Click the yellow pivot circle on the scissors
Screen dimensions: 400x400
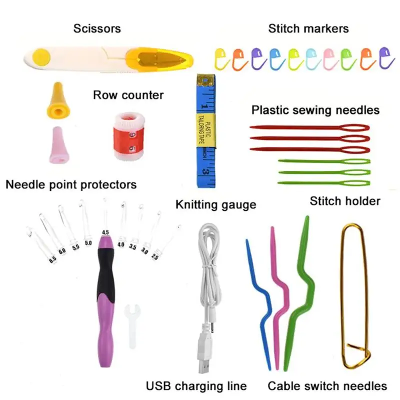coord(41,57)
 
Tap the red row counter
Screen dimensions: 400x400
coord(129,136)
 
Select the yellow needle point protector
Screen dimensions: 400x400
coord(58,100)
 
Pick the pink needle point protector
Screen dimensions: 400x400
coord(59,145)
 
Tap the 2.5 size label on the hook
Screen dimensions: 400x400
coord(154,256)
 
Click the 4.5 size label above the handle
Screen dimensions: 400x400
coord(105,232)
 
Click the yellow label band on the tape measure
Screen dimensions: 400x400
coord(205,130)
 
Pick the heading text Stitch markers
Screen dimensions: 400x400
coord(308,28)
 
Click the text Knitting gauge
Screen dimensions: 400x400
coord(216,205)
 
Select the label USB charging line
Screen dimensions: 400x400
coord(196,386)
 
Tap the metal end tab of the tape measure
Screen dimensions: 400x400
coord(205,80)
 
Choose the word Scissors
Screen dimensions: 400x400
coord(97,28)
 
